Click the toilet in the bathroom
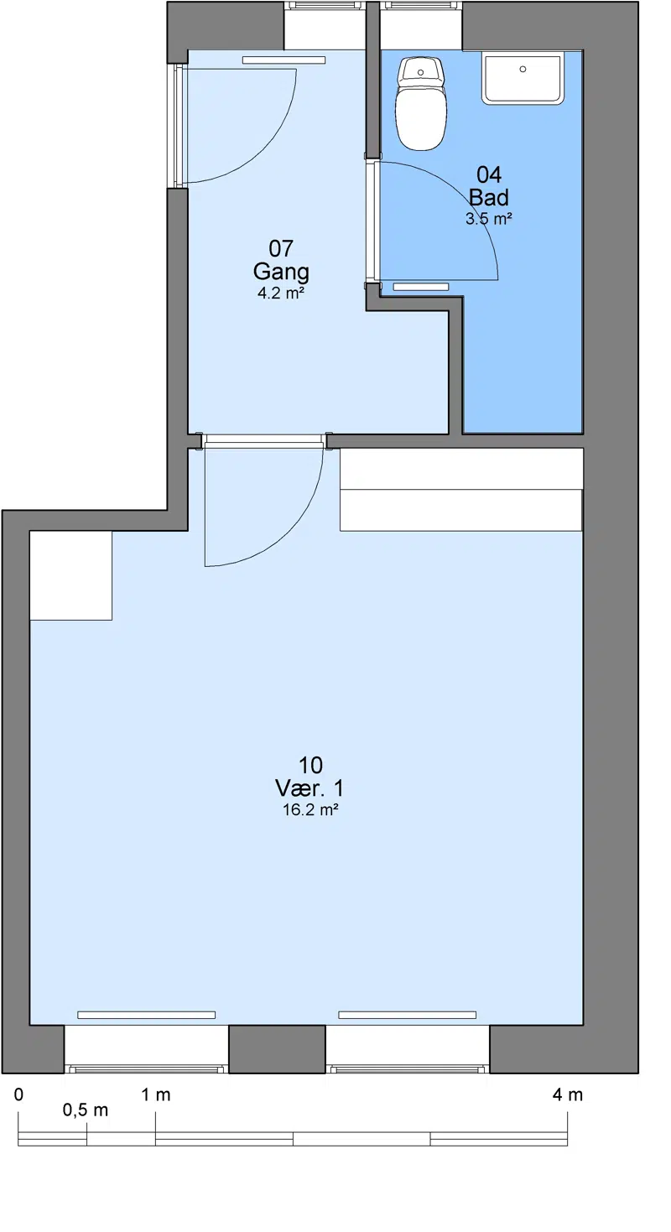421,104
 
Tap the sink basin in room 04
523,77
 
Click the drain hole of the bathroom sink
523,69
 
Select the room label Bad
488,197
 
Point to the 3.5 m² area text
489,218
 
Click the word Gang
281,272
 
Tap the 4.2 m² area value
281,293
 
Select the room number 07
280,248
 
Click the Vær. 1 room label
309,788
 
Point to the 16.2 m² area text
310,809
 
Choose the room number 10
310,765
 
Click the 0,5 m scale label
86,1110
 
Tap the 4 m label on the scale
568,1095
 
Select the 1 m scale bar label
156,1095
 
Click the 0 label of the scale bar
18,1095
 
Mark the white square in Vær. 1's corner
71,575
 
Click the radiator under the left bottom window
146,1015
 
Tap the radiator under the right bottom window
407,1015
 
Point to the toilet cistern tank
421,70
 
